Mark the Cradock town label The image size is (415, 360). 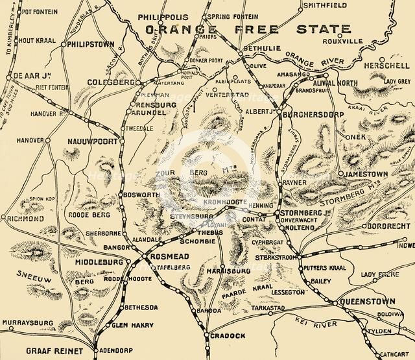(227, 335)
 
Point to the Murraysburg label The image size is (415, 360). (27, 322)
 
